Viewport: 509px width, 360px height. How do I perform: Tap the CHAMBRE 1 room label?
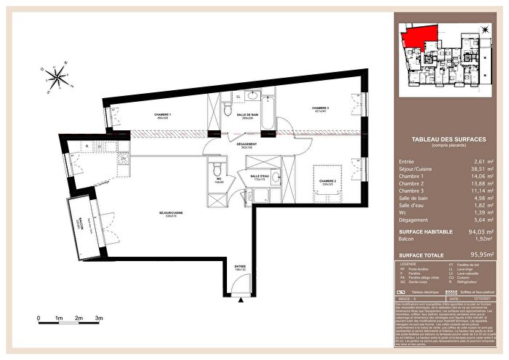tap(162, 115)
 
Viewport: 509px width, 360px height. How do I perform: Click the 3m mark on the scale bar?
tap(98, 319)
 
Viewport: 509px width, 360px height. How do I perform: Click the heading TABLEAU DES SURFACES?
tap(443, 139)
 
